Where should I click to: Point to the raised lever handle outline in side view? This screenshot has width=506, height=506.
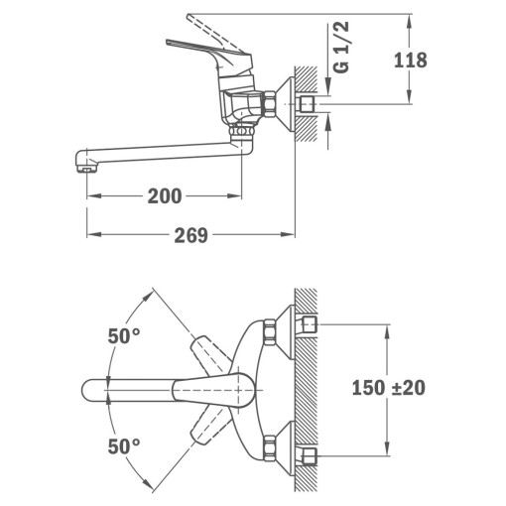(x=210, y=20)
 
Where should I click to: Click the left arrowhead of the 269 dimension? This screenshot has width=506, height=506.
(x=92, y=235)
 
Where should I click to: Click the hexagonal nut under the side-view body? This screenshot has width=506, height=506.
(x=240, y=128)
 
